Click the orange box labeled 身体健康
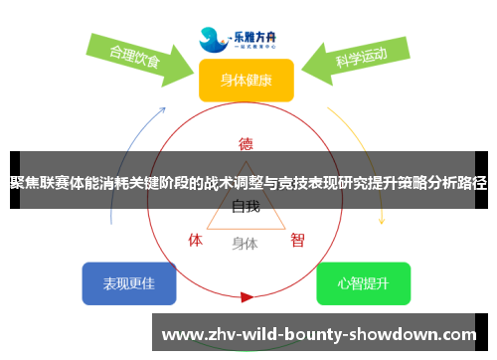[x=247, y=81]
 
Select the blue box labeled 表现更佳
[x=129, y=283]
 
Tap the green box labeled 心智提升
[x=363, y=283]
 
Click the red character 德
[x=247, y=142]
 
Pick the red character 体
[x=196, y=240]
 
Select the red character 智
[x=297, y=240]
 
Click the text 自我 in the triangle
[x=246, y=208]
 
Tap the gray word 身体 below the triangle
[x=245, y=243]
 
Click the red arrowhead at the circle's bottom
[x=247, y=296]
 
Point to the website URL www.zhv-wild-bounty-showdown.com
[x=319, y=334]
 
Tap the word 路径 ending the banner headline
[x=473, y=182]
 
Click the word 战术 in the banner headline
[x=220, y=182]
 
